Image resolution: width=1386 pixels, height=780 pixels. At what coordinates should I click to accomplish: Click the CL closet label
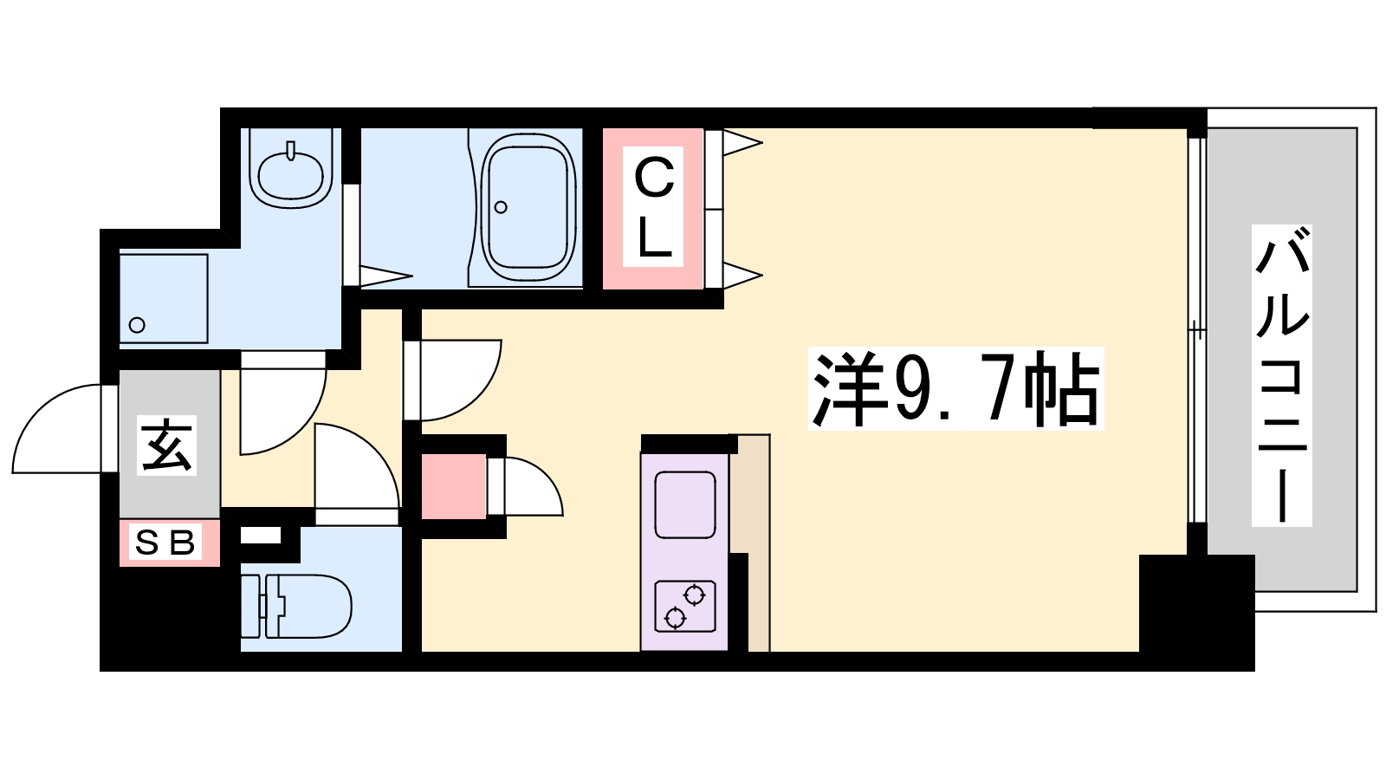point(653,208)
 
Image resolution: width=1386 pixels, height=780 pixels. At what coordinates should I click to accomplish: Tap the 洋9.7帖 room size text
point(955,389)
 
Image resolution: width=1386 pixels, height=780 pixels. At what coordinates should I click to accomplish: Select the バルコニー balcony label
point(1281,375)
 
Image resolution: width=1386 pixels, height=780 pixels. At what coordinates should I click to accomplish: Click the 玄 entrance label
point(168,445)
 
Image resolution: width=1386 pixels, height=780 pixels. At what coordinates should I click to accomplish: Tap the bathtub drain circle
point(501,207)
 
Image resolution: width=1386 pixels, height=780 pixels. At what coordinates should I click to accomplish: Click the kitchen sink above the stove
point(684,505)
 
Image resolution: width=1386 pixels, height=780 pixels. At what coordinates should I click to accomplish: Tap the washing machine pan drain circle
point(137,325)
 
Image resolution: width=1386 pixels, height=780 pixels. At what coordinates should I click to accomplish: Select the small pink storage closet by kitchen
point(453,486)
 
